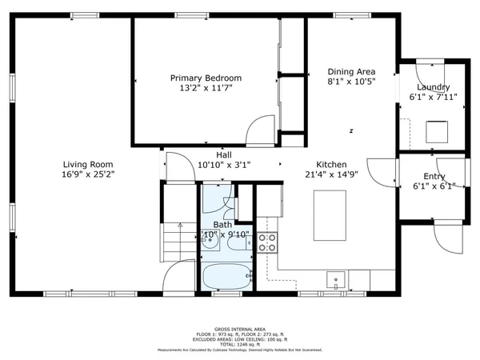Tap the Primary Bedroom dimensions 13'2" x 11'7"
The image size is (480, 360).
pyautogui.click(x=206, y=89)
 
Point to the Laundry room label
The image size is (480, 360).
pyautogui.click(x=433, y=87)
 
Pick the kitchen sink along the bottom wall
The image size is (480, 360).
pyautogui.click(x=337, y=279)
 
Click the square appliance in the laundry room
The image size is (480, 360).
pyautogui.click(x=437, y=130)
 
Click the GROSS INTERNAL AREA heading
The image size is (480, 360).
pyautogui.click(x=239, y=328)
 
